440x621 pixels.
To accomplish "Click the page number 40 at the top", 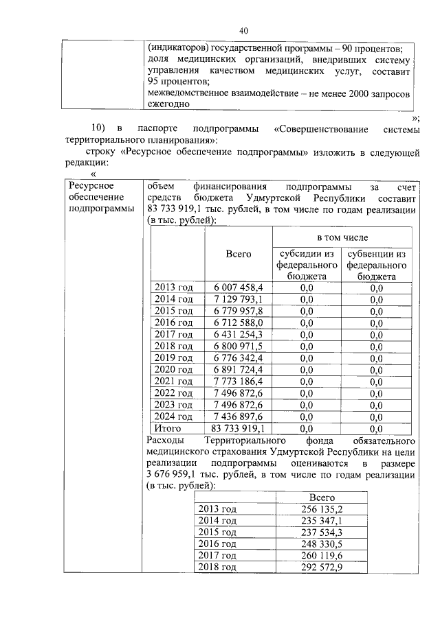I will point(243,30).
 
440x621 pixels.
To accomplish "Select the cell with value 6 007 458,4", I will point(238,287).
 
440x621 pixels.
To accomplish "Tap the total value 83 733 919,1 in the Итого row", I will point(238,429).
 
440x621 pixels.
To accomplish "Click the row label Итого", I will point(168,429).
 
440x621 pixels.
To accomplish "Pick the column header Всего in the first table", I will point(238,254).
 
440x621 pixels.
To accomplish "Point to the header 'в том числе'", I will point(342,237).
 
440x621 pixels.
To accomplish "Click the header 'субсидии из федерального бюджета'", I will point(306,265).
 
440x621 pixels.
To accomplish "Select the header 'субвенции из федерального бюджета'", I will point(376,265).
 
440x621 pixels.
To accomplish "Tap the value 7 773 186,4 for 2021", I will point(238,381).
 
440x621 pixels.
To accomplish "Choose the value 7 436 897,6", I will point(238,417).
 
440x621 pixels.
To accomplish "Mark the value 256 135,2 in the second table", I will point(322,508).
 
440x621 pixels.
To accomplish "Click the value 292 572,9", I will point(322,567).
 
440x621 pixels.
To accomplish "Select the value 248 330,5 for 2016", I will point(322,543).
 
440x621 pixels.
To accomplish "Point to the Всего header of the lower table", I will point(322,497).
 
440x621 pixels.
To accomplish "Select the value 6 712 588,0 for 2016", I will point(238,323).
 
